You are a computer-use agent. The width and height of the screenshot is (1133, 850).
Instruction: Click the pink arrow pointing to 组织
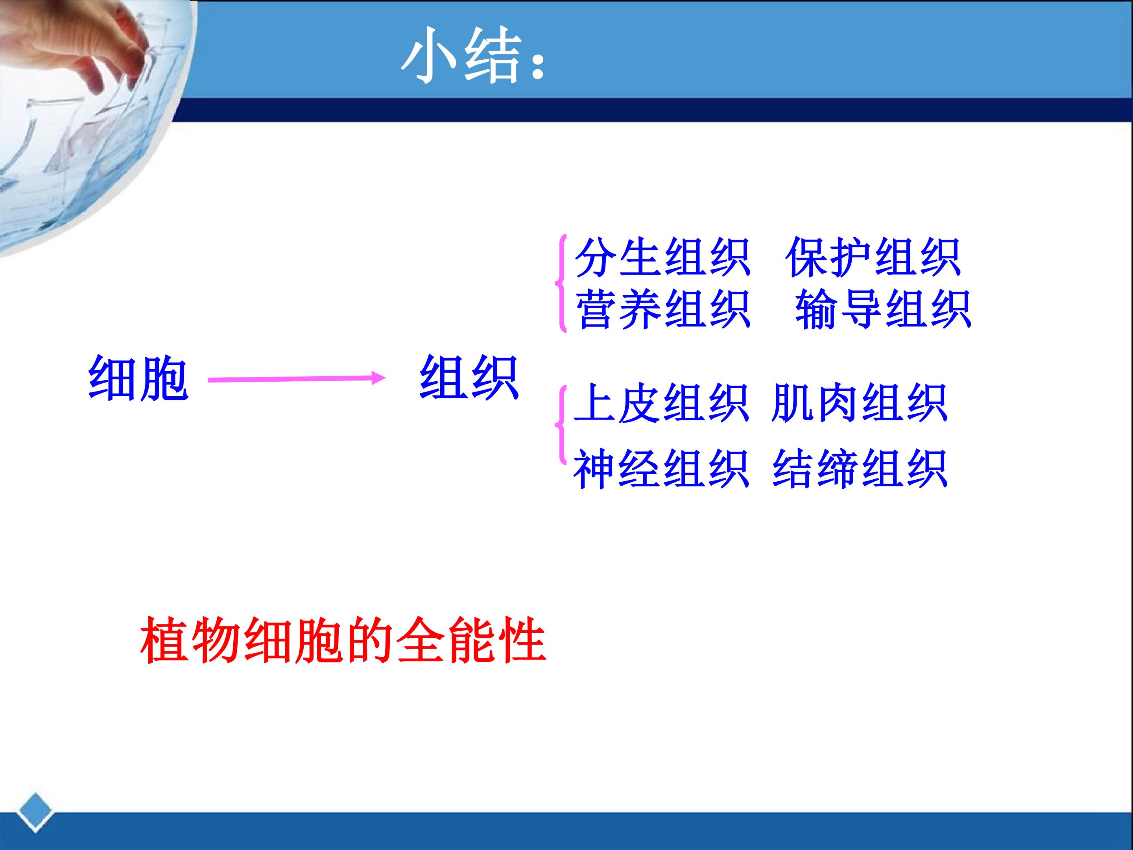pos(297,379)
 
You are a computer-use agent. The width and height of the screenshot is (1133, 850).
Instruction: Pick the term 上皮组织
pos(661,403)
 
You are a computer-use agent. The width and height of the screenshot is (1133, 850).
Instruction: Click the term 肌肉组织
pos(859,403)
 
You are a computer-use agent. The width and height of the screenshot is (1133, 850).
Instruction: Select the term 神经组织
pos(661,469)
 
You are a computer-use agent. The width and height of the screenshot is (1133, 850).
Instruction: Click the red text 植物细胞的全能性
pos(343,640)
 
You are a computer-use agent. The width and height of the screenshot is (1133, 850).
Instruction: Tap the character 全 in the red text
pos(420,640)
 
